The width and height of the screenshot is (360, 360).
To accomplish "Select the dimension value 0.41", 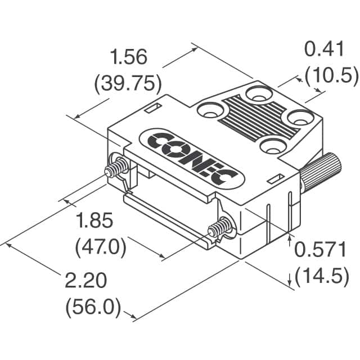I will coord(324,49).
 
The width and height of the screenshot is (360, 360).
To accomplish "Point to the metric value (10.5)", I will coord(331,75).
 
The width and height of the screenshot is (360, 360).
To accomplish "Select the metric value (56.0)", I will coord(93,307).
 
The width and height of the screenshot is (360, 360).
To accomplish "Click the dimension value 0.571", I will coord(321,250).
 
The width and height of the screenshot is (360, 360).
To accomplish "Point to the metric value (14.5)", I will coord(321,277).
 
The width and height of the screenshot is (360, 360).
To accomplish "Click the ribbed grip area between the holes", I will coord(253,119).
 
